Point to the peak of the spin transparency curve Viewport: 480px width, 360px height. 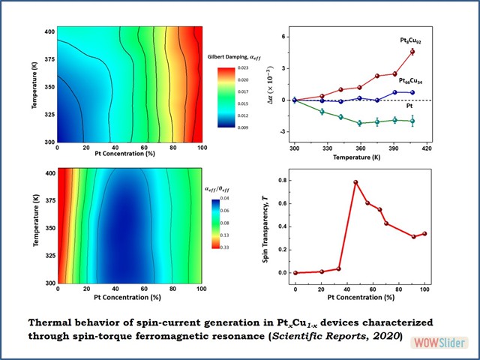355,182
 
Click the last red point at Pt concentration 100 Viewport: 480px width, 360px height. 424,233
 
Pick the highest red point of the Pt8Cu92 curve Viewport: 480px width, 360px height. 412,52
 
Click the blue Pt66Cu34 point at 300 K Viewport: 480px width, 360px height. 295,100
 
